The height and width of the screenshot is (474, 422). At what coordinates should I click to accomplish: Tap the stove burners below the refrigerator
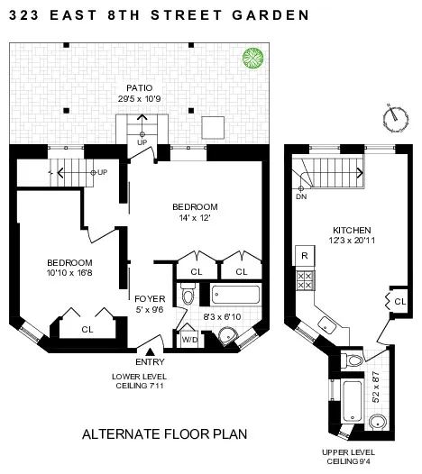(x=305, y=280)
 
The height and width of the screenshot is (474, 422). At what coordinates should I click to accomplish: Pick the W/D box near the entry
(x=190, y=339)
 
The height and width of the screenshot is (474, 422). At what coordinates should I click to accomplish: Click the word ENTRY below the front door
(x=149, y=361)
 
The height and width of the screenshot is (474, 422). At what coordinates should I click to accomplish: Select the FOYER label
(x=148, y=299)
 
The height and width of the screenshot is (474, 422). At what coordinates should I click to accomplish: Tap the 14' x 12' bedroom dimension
(x=195, y=219)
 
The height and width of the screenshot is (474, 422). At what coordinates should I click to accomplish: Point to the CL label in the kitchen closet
(x=399, y=300)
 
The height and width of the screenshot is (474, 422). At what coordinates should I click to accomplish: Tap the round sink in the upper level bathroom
(x=378, y=423)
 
